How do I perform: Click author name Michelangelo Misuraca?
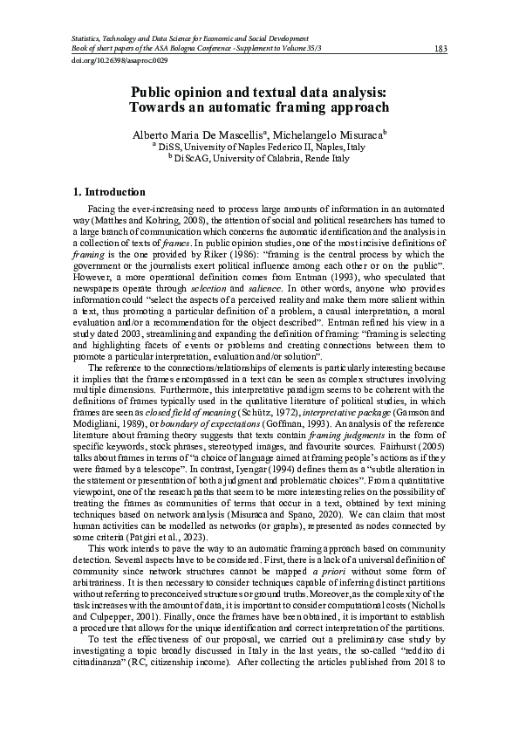[x=333, y=135]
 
